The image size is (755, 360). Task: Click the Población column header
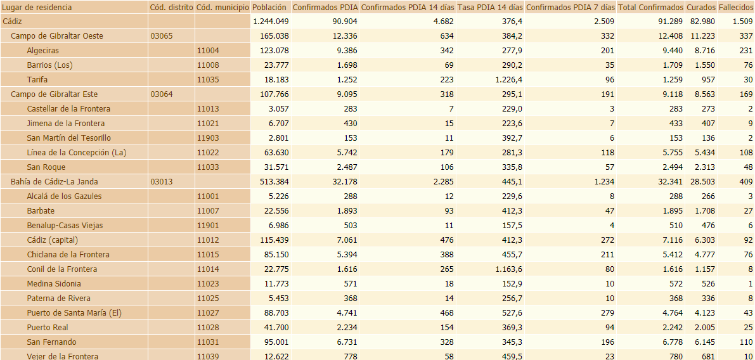click(x=269, y=7)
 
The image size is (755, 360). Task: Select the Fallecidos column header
click(x=735, y=7)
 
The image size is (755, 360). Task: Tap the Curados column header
click(x=700, y=7)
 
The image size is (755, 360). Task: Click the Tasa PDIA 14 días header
click(x=489, y=7)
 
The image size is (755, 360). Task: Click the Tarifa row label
click(x=37, y=80)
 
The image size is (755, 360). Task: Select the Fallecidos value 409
click(x=745, y=182)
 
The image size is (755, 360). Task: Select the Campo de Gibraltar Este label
click(x=54, y=94)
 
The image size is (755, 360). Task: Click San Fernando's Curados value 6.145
click(x=703, y=342)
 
